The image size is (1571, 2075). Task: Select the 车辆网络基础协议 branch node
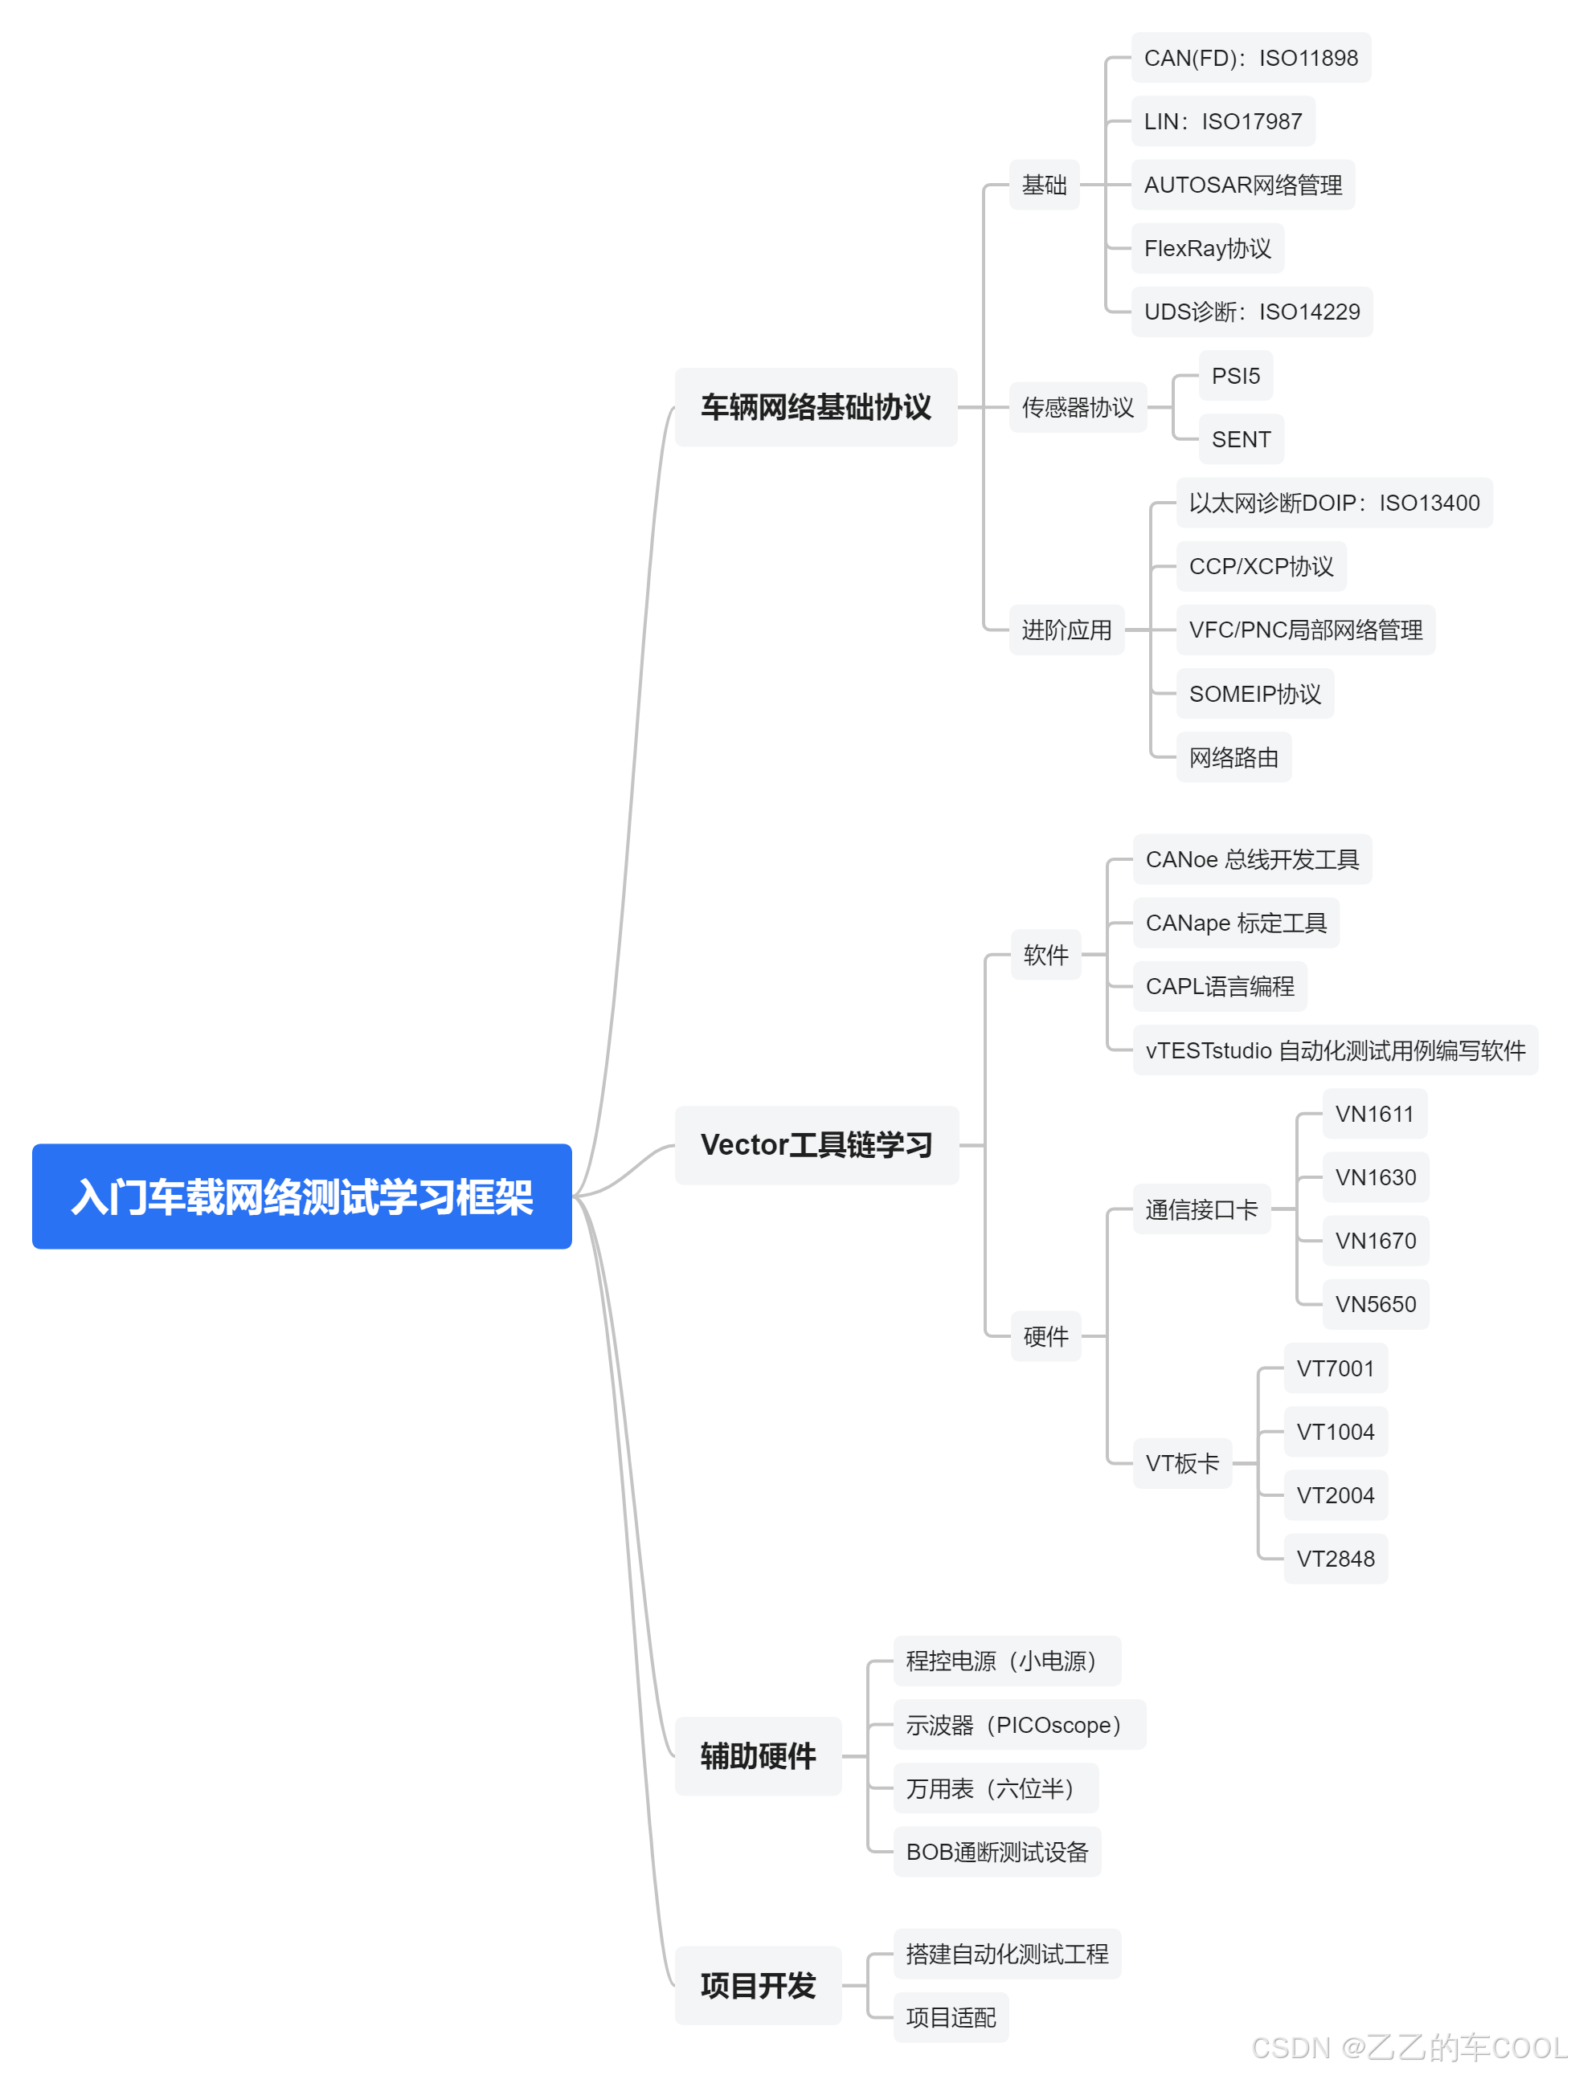click(x=815, y=407)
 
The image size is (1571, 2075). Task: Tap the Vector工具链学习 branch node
click(x=816, y=1144)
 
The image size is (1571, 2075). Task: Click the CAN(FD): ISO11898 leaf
click(x=1250, y=58)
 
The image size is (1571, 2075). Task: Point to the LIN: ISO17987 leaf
click(x=1222, y=121)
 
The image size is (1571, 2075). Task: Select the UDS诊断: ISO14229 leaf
click(x=1251, y=312)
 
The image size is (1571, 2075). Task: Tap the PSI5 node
click(x=1235, y=375)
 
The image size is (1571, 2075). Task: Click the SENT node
click(x=1240, y=439)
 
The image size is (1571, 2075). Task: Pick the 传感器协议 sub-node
click(x=1077, y=407)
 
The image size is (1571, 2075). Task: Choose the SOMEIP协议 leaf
click(x=1254, y=693)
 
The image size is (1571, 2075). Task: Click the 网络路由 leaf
click(x=1233, y=757)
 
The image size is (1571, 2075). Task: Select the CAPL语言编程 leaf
click(x=1219, y=986)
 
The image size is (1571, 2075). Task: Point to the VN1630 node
click(x=1375, y=1176)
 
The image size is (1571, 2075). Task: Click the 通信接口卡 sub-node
click(x=1201, y=1209)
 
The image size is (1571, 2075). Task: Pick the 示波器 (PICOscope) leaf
click(x=1018, y=1724)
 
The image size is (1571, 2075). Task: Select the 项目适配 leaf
click(x=950, y=2017)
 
